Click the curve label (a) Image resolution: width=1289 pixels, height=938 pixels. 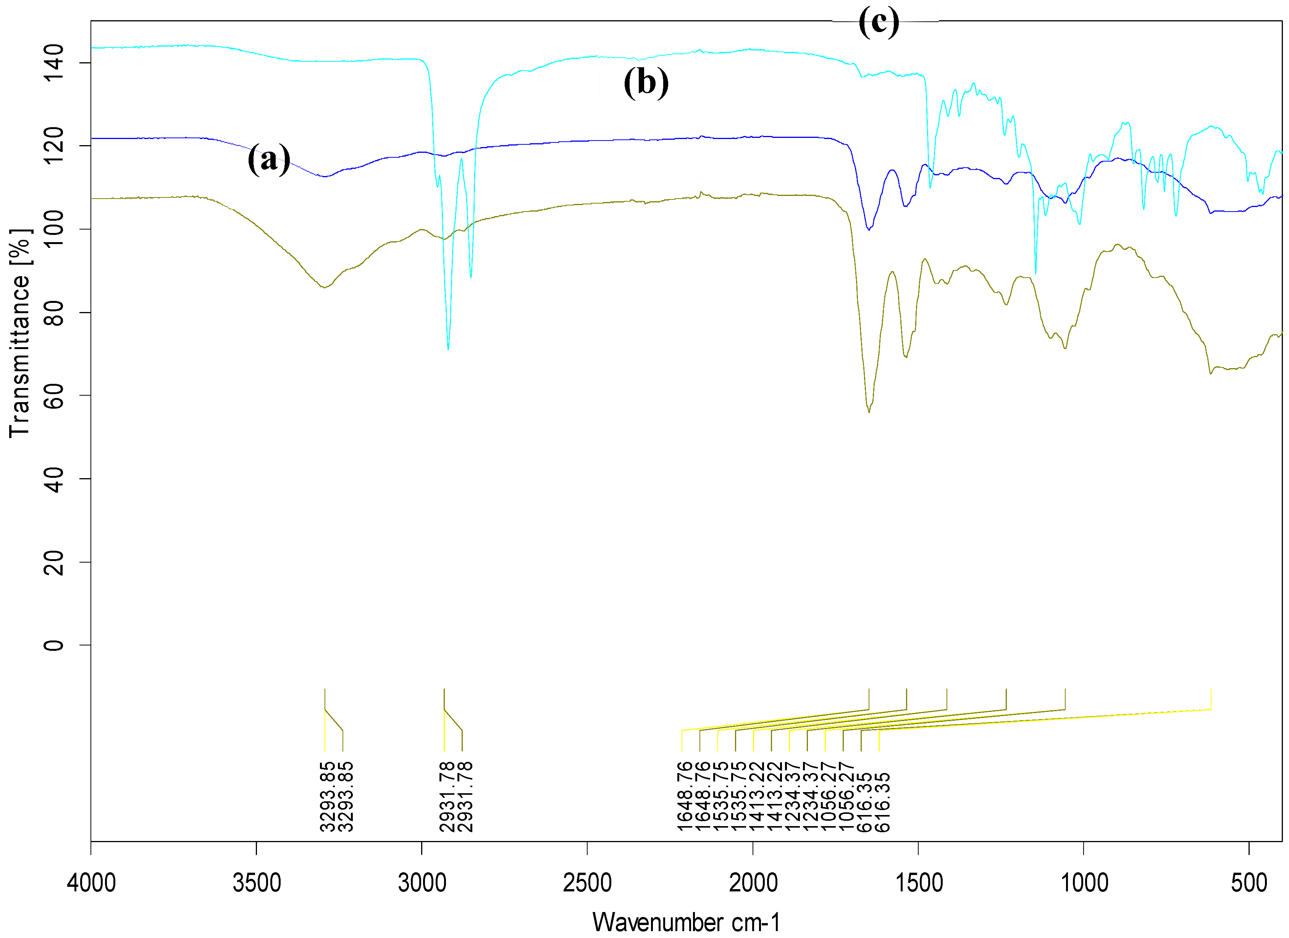[x=268, y=159]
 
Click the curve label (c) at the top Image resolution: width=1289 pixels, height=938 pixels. [x=879, y=22]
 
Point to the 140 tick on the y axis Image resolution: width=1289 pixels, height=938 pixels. [x=54, y=63]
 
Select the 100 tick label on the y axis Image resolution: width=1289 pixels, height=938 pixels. [x=54, y=229]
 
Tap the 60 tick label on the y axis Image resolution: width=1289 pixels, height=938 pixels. [x=54, y=396]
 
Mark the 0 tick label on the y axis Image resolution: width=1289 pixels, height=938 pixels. [x=54, y=645]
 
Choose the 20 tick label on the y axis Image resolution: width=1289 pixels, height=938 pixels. [x=54, y=562]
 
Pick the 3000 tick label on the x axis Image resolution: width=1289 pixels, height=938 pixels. [x=422, y=883]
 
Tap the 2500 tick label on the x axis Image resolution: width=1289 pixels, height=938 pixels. [x=587, y=883]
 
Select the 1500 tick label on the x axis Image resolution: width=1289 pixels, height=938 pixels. [x=918, y=883]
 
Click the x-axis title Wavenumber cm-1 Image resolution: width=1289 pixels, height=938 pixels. [x=686, y=922]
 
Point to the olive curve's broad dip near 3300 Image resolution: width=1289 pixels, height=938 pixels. [x=324, y=287]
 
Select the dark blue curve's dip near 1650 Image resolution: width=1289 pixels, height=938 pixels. [x=868, y=229]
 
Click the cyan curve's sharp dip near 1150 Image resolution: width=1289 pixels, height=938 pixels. [x=1035, y=273]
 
